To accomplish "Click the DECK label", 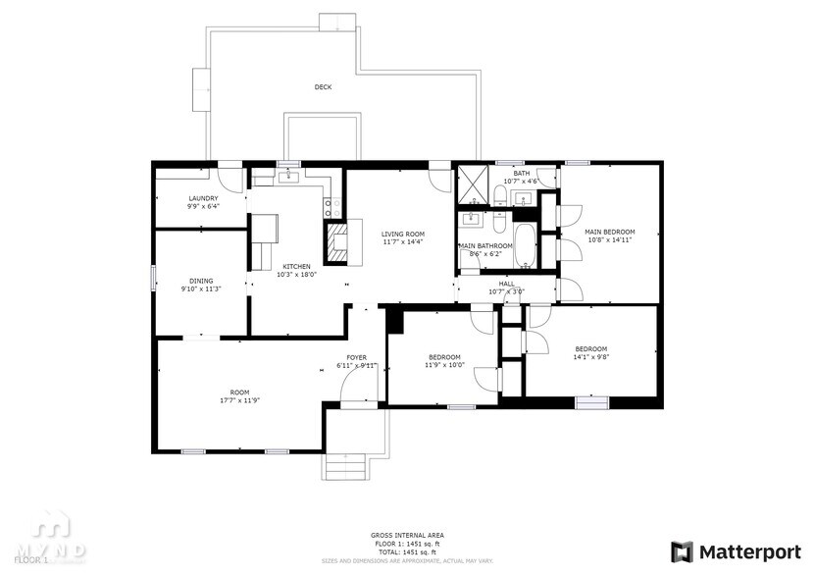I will (x=323, y=87).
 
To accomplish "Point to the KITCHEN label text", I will (x=296, y=266).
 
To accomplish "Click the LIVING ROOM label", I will (x=402, y=234).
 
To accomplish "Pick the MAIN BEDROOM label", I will (x=609, y=232).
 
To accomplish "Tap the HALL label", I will (x=506, y=284).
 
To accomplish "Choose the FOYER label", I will (x=356, y=357).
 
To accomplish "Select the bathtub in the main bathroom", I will (x=525, y=244).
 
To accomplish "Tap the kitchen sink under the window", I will (x=288, y=177).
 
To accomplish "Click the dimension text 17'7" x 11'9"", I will (x=239, y=400).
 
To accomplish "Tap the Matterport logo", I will (x=737, y=551).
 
